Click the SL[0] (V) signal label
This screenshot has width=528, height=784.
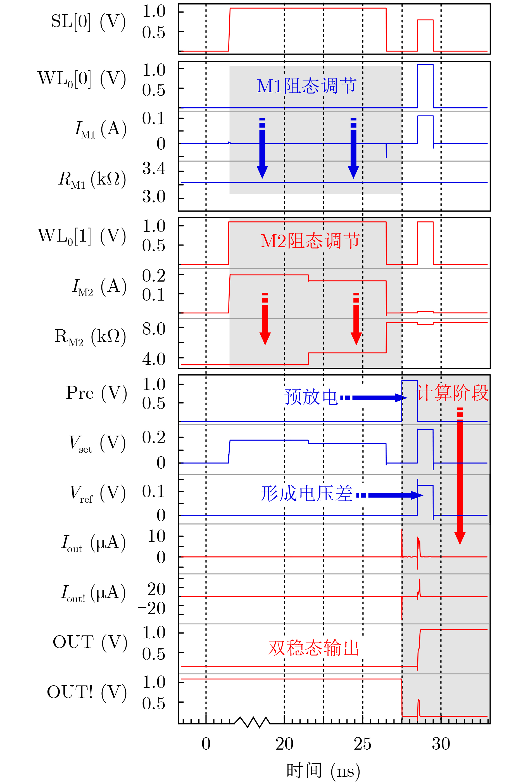88,22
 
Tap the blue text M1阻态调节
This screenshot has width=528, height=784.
306,86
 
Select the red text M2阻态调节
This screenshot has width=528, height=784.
310,241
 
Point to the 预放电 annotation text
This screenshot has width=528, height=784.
311,397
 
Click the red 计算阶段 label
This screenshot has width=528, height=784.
452,393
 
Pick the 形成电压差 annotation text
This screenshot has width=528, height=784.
306,494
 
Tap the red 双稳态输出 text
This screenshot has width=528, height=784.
313,648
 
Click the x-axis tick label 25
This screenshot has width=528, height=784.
362,743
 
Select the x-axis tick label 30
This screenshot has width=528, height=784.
441,743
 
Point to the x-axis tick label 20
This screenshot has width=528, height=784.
284,743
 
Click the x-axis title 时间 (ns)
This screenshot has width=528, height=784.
323,771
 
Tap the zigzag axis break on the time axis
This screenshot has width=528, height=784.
252,722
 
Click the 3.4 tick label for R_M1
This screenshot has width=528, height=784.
154,168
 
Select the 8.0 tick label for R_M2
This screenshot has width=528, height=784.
154,329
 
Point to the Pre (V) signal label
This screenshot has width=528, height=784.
96,393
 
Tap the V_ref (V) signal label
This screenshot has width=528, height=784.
98,493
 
